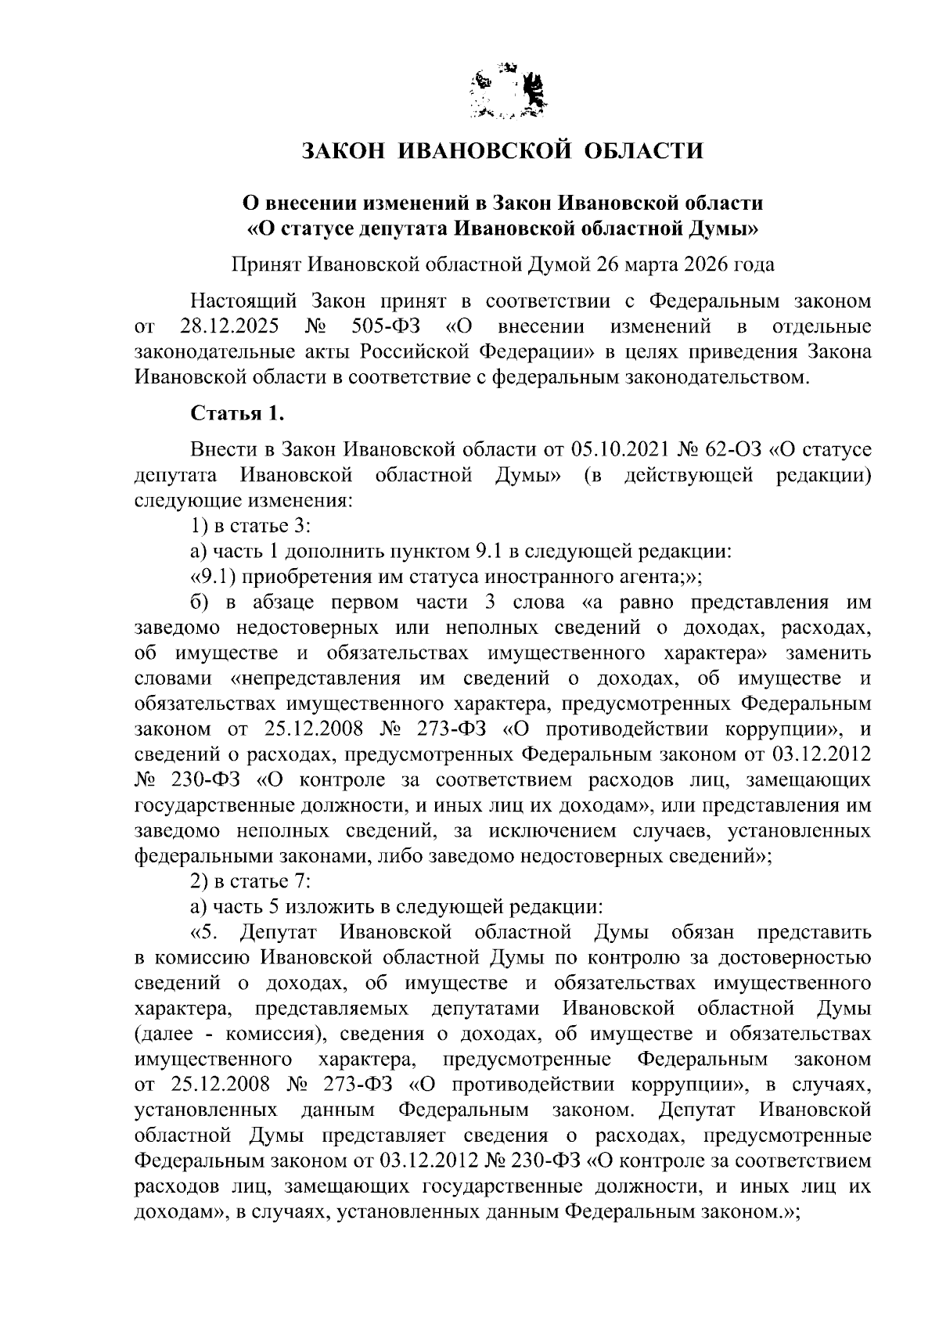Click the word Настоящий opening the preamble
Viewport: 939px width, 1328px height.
pyautogui.click(x=242, y=301)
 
